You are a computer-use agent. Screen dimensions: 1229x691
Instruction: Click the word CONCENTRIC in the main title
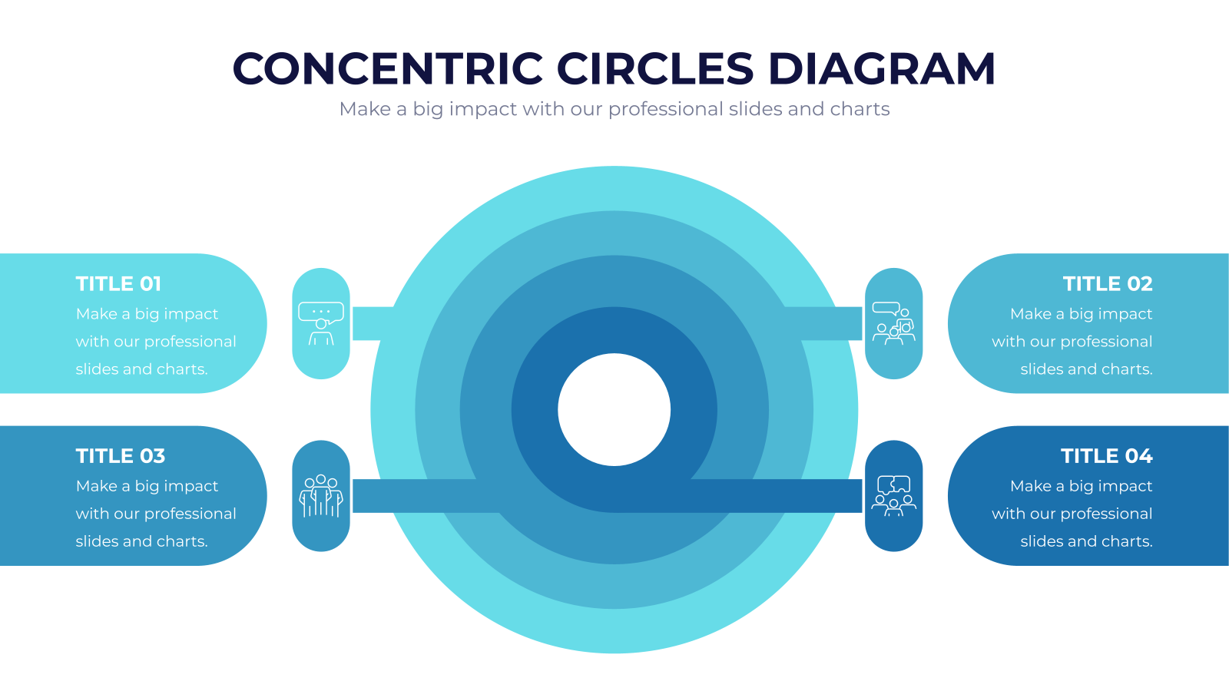coord(387,68)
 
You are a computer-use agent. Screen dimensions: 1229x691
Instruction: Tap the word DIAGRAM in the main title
coord(881,68)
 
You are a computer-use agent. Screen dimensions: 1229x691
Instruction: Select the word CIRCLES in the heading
coord(655,68)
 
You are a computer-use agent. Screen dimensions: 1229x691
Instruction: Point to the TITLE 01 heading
coord(118,283)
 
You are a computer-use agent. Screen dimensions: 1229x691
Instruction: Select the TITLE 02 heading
coord(1108,283)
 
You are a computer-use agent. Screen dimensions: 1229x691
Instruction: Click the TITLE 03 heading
coord(120,456)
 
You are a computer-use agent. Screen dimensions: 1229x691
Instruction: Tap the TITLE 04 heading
coord(1107,456)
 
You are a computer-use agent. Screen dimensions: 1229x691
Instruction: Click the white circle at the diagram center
coord(614,410)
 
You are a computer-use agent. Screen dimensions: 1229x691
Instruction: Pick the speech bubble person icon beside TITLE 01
coord(321,323)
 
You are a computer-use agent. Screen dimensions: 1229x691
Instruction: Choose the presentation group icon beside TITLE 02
coord(894,323)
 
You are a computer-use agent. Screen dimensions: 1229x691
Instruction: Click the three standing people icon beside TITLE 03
coord(321,496)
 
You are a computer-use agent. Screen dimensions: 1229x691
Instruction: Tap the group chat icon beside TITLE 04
coord(894,496)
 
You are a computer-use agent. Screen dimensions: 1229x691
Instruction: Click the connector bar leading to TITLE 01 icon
coord(373,323)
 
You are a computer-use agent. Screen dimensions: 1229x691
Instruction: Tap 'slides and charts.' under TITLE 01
coord(141,369)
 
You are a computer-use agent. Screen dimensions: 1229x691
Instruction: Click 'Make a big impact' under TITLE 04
coord(1082,487)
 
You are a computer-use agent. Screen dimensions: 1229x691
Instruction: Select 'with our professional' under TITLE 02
coord(1072,342)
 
